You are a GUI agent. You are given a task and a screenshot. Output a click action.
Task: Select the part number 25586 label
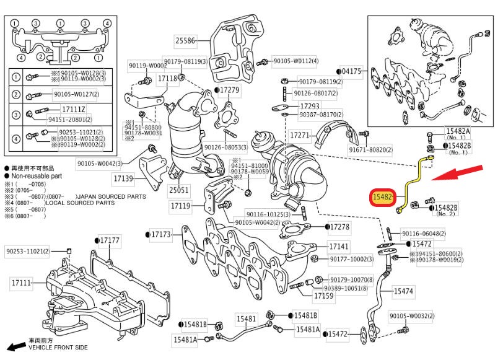coord(185,42)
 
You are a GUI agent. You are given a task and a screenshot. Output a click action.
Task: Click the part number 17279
coord(229,90)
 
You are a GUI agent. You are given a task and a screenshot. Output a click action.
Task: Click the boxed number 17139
coord(123,178)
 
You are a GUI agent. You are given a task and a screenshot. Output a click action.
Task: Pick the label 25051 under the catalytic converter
coord(180,190)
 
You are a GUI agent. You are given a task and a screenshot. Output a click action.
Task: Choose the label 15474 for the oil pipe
coord(403,290)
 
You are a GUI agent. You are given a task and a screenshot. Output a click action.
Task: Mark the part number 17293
coord(327,106)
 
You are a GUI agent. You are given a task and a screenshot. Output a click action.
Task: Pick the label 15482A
coord(459,132)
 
